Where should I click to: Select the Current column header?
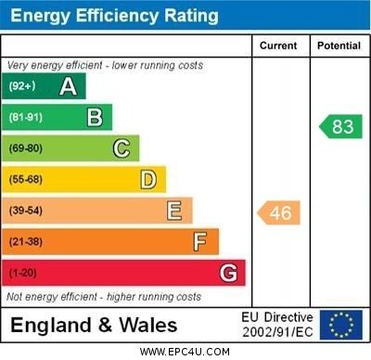tap(278, 45)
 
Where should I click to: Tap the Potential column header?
tap(339, 45)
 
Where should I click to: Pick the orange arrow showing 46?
tap(278, 212)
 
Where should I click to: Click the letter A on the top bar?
tap(68, 86)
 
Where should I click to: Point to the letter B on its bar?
tap(95, 117)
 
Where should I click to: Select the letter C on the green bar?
tap(122, 148)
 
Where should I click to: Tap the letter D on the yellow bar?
tap(148, 179)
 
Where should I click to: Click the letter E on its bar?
tap(174, 211)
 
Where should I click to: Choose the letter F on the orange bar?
tap(200, 241)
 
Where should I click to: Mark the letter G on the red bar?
tap(228, 273)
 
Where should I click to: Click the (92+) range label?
tap(22, 86)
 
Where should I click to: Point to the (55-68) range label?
tap(27, 179)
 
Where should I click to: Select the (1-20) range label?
tap(24, 273)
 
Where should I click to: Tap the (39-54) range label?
tap(27, 211)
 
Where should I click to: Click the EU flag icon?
tap(341, 325)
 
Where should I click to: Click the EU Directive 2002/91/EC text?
tap(278, 325)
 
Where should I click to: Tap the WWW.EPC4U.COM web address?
tap(185, 352)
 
